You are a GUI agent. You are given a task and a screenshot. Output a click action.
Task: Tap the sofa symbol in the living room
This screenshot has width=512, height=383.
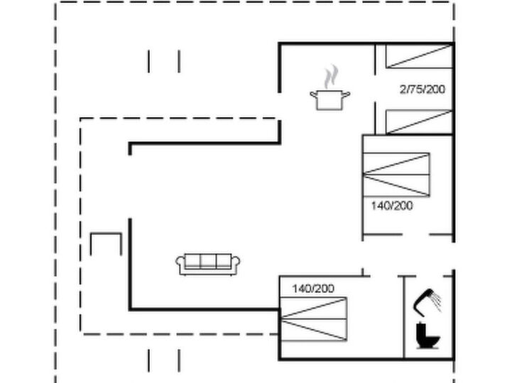pyautogui.click(x=208, y=265)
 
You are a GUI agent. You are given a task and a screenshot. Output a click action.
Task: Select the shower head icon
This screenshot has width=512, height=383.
pyautogui.click(x=427, y=302)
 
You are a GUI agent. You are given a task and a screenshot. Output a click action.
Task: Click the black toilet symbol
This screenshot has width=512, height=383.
pyautogui.click(x=427, y=335)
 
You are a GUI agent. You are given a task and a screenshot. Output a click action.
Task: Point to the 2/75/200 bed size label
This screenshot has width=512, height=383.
pyautogui.click(x=423, y=89)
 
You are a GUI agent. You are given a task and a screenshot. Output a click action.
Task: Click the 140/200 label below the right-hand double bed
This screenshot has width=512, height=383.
pyautogui.click(x=392, y=206)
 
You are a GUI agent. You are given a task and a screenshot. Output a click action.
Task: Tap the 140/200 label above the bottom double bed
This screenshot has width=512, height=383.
pyautogui.click(x=313, y=289)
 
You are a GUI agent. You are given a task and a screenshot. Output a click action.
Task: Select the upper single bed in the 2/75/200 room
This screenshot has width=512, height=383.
pyautogui.click(x=419, y=57)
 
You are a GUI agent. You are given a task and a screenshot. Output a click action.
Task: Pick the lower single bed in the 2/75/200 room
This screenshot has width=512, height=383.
pyautogui.click(x=419, y=122)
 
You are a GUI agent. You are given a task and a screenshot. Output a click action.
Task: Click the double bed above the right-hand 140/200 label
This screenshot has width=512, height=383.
pyautogui.click(x=396, y=175)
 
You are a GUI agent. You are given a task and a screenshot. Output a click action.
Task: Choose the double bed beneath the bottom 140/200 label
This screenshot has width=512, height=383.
pyautogui.click(x=313, y=319)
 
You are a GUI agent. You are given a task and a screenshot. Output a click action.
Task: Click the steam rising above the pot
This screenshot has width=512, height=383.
pyautogui.click(x=331, y=77)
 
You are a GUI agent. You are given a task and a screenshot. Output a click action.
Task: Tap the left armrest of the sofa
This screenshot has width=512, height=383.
pyautogui.click(x=180, y=264)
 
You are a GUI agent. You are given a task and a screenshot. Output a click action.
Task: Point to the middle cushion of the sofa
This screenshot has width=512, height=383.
pyautogui.click(x=208, y=261)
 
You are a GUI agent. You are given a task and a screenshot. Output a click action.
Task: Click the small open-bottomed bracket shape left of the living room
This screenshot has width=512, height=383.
pyautogui.click(x=106, y=233)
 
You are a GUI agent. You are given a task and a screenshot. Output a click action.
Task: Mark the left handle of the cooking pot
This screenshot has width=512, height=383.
pyautogui.click(x=313, y=95)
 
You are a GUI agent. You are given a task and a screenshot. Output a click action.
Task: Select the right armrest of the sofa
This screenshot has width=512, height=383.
pyautogui.click(x=236, y=264)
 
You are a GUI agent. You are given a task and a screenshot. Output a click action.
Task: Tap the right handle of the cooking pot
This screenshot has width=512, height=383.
pyautogui.click(x=346, y=95)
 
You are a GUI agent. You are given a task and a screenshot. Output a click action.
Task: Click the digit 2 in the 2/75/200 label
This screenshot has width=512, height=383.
pyautogui.click(x=403, y=89)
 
